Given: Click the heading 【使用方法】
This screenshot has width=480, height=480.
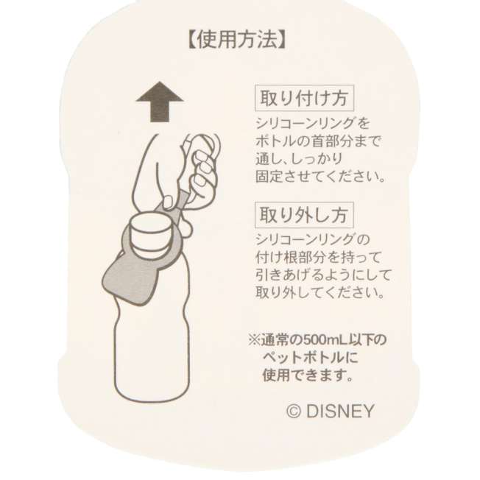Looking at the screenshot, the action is [236, 40].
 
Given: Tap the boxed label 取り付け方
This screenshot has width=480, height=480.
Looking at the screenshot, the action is [304, 98].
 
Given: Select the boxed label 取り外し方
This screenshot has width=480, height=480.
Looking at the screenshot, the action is [304, 214].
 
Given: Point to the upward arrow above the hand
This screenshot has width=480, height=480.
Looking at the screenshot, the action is [160, 102].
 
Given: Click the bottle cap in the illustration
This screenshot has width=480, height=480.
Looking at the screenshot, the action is [149, 232].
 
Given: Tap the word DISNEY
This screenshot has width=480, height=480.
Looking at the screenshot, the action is [340, 411].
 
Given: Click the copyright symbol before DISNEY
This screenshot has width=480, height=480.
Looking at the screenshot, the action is [294, 412].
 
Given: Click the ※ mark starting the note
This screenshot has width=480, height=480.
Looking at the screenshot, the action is [254, 340].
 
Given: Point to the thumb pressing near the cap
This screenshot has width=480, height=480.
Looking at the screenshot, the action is [169, 202].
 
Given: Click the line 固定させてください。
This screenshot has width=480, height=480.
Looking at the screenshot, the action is [320, 177].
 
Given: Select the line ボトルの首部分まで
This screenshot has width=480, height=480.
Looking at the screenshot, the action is [318, 141].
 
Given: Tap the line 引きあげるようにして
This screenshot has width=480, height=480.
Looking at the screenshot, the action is [324, 275].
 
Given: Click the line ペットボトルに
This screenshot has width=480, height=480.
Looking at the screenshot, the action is [310, 358].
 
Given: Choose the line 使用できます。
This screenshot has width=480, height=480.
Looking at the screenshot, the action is [308, 375].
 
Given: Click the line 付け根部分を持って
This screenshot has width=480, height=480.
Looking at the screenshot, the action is [318, 257].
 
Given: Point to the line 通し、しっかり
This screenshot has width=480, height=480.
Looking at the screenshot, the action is [299, 159].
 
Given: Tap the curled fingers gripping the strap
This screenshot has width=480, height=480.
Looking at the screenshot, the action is [202, 172].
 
